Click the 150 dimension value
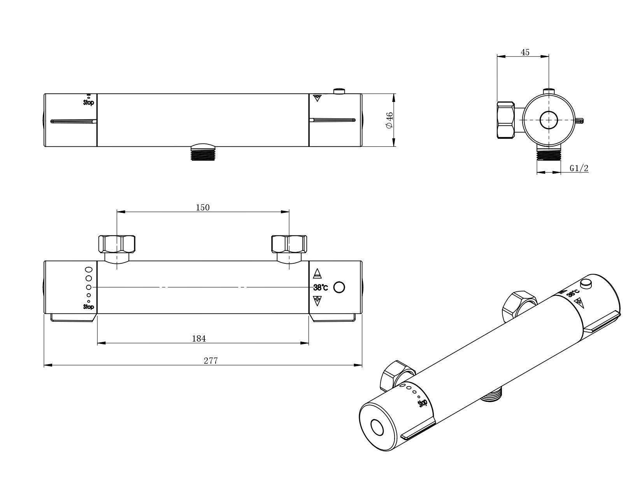[202, 207]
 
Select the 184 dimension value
[199, 338]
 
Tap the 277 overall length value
[210, 361]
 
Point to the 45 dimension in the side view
[525, 52]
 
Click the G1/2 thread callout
[579, 168]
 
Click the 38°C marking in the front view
[321, 288]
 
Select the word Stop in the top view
[89, 103]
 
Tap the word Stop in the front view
[89, 307]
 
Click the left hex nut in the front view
[117, 244]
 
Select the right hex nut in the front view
[288, 244]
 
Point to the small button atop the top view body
[339, 91]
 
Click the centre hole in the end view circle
[549, 120]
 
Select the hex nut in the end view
[506, 120]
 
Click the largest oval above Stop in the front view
[89, 270]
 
